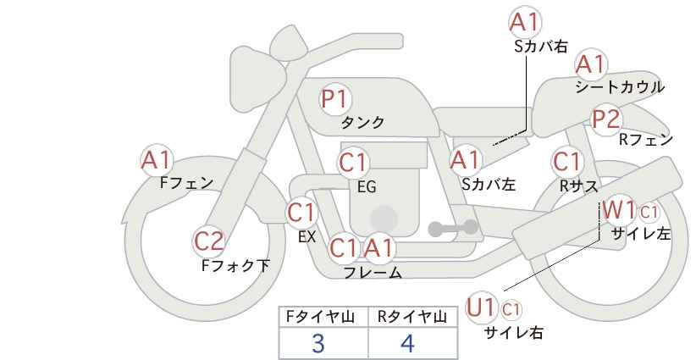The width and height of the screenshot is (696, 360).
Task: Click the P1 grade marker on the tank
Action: pyautogui.click(x=335, y=99)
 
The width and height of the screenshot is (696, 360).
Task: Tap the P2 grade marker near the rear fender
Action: pyautogui.click(x=606, y=119)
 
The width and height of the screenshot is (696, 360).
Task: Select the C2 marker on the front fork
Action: pyautogui.click(x=208, y=242)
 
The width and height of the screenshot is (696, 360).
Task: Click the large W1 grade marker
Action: pyautogui.click(x=618, y=210)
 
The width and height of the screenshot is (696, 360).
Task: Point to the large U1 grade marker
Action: pyautogui.click(x=481, y=307)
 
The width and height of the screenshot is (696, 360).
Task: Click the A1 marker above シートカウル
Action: pyautogui.click(x=590, y=64)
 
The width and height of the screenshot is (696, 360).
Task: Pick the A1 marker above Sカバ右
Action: pyautogui.click(x=525, y=22)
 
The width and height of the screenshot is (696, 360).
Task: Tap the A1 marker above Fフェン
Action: pyautogui.click(x=156, y=161)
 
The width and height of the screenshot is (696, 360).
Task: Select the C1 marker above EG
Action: pyautogui.click(x=353, y=163)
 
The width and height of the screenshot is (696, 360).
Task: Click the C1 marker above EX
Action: pyautogui.click(x=301, y=213)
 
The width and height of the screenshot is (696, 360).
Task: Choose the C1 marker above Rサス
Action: pyautogui.click(x=566, y=162)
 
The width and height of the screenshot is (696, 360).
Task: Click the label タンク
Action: pyautogui.click(x=362, y=123)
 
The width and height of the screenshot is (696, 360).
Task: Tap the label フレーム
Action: pyautogui.click(x=373, y=273)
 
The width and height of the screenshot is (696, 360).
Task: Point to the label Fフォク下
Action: pyautogui.click(x=235, y=265)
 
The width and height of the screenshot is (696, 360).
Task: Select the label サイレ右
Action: pyautogui.click(x=514, y=333)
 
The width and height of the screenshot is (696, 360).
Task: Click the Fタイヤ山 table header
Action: pyautogui.click(x=320, y=317)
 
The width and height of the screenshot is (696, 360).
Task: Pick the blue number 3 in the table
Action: pyautogui.click(x=318, y=344)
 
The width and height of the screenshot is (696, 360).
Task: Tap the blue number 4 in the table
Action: pyautogui.click(x=407, y=344)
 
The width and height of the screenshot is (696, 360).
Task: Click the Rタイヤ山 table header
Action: pyautogui.click(x=412, y=317)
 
